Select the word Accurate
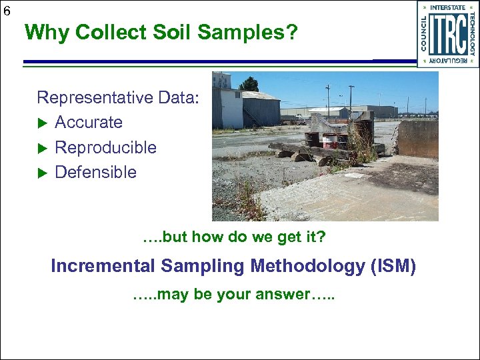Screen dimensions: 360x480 point(89,122)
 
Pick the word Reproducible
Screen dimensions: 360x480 point(105,147)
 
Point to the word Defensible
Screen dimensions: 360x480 point(95,172)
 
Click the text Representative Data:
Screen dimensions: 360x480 point(118,97)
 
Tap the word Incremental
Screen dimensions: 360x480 point(103,266)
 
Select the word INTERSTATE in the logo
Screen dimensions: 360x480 point(447,8)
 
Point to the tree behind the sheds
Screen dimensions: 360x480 point(249,84)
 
